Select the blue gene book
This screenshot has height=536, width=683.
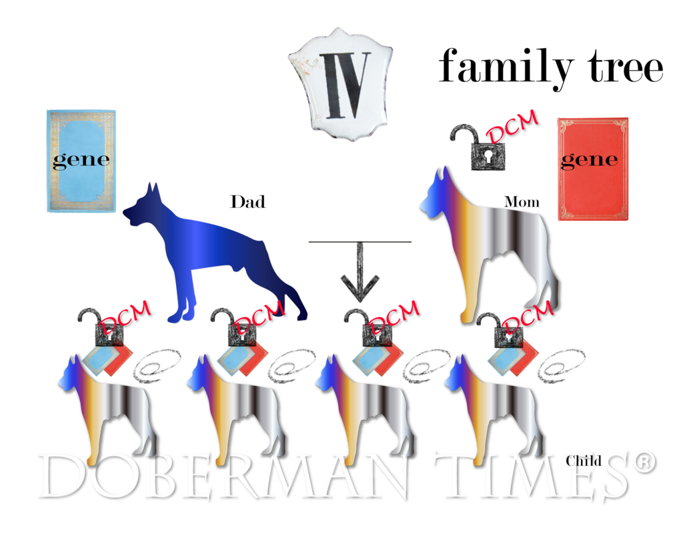pos(81,161)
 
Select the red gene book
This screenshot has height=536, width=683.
pos(593,169)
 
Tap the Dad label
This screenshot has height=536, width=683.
pos(247,202)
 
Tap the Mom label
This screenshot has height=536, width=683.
pos(522,202)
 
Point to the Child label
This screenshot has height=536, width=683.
pos(584,461)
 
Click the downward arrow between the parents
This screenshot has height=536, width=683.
pos(360,272)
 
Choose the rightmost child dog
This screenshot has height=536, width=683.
pos(494,409)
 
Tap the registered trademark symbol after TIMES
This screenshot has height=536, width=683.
pos(644,463)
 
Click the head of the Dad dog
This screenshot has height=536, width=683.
pos(141,207)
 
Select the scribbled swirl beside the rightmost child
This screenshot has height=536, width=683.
pos(561,365)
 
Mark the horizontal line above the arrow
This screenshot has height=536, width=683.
pos(360,241)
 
